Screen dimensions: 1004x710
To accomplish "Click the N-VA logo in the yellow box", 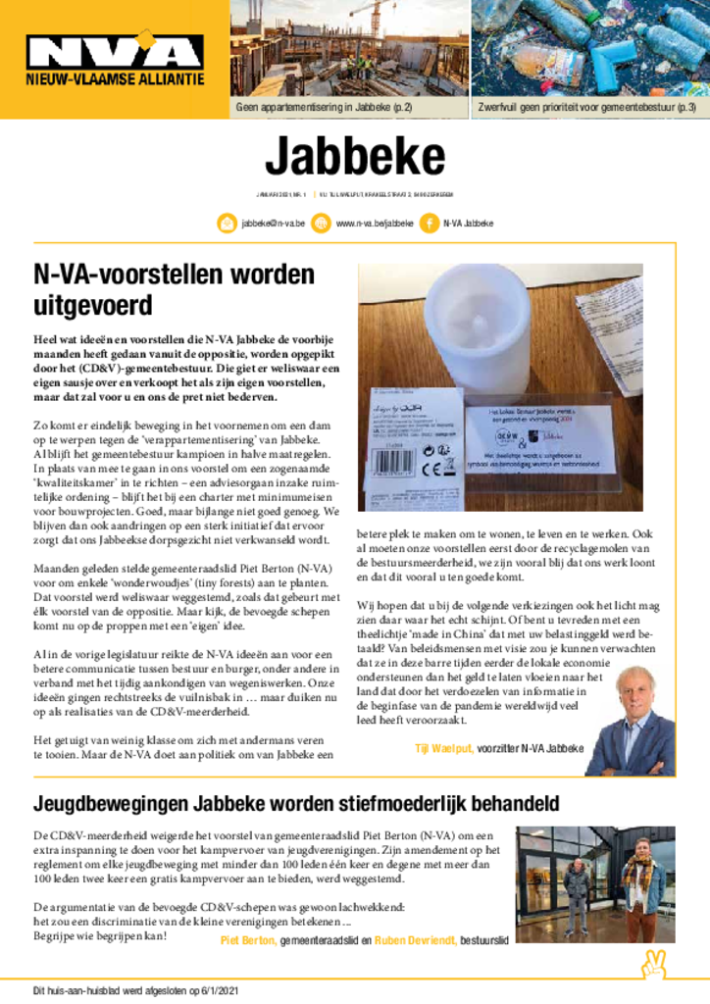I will (115, 51).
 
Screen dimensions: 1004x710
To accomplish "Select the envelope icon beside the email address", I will (227, 224).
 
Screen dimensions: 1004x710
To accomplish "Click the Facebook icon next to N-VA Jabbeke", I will (428, 224).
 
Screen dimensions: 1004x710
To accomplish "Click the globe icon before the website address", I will (321, 224).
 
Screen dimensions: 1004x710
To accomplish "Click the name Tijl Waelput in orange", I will (444, 749).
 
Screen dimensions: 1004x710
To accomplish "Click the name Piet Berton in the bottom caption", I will (248, 939).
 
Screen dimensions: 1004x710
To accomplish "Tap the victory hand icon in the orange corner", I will (654, 966).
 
